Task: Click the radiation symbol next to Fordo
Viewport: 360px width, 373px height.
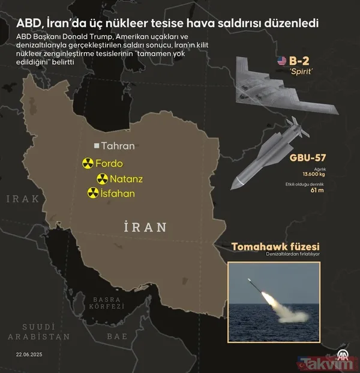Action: pos(87,163)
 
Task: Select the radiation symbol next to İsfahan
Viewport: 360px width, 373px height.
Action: pos(93,193)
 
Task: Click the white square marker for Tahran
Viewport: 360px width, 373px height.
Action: pos(96,145)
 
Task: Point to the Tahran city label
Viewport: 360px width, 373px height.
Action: pos(118,145)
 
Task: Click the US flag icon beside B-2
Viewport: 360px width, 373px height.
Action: pos(281,61)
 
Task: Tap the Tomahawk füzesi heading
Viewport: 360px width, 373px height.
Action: pos(284,246)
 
